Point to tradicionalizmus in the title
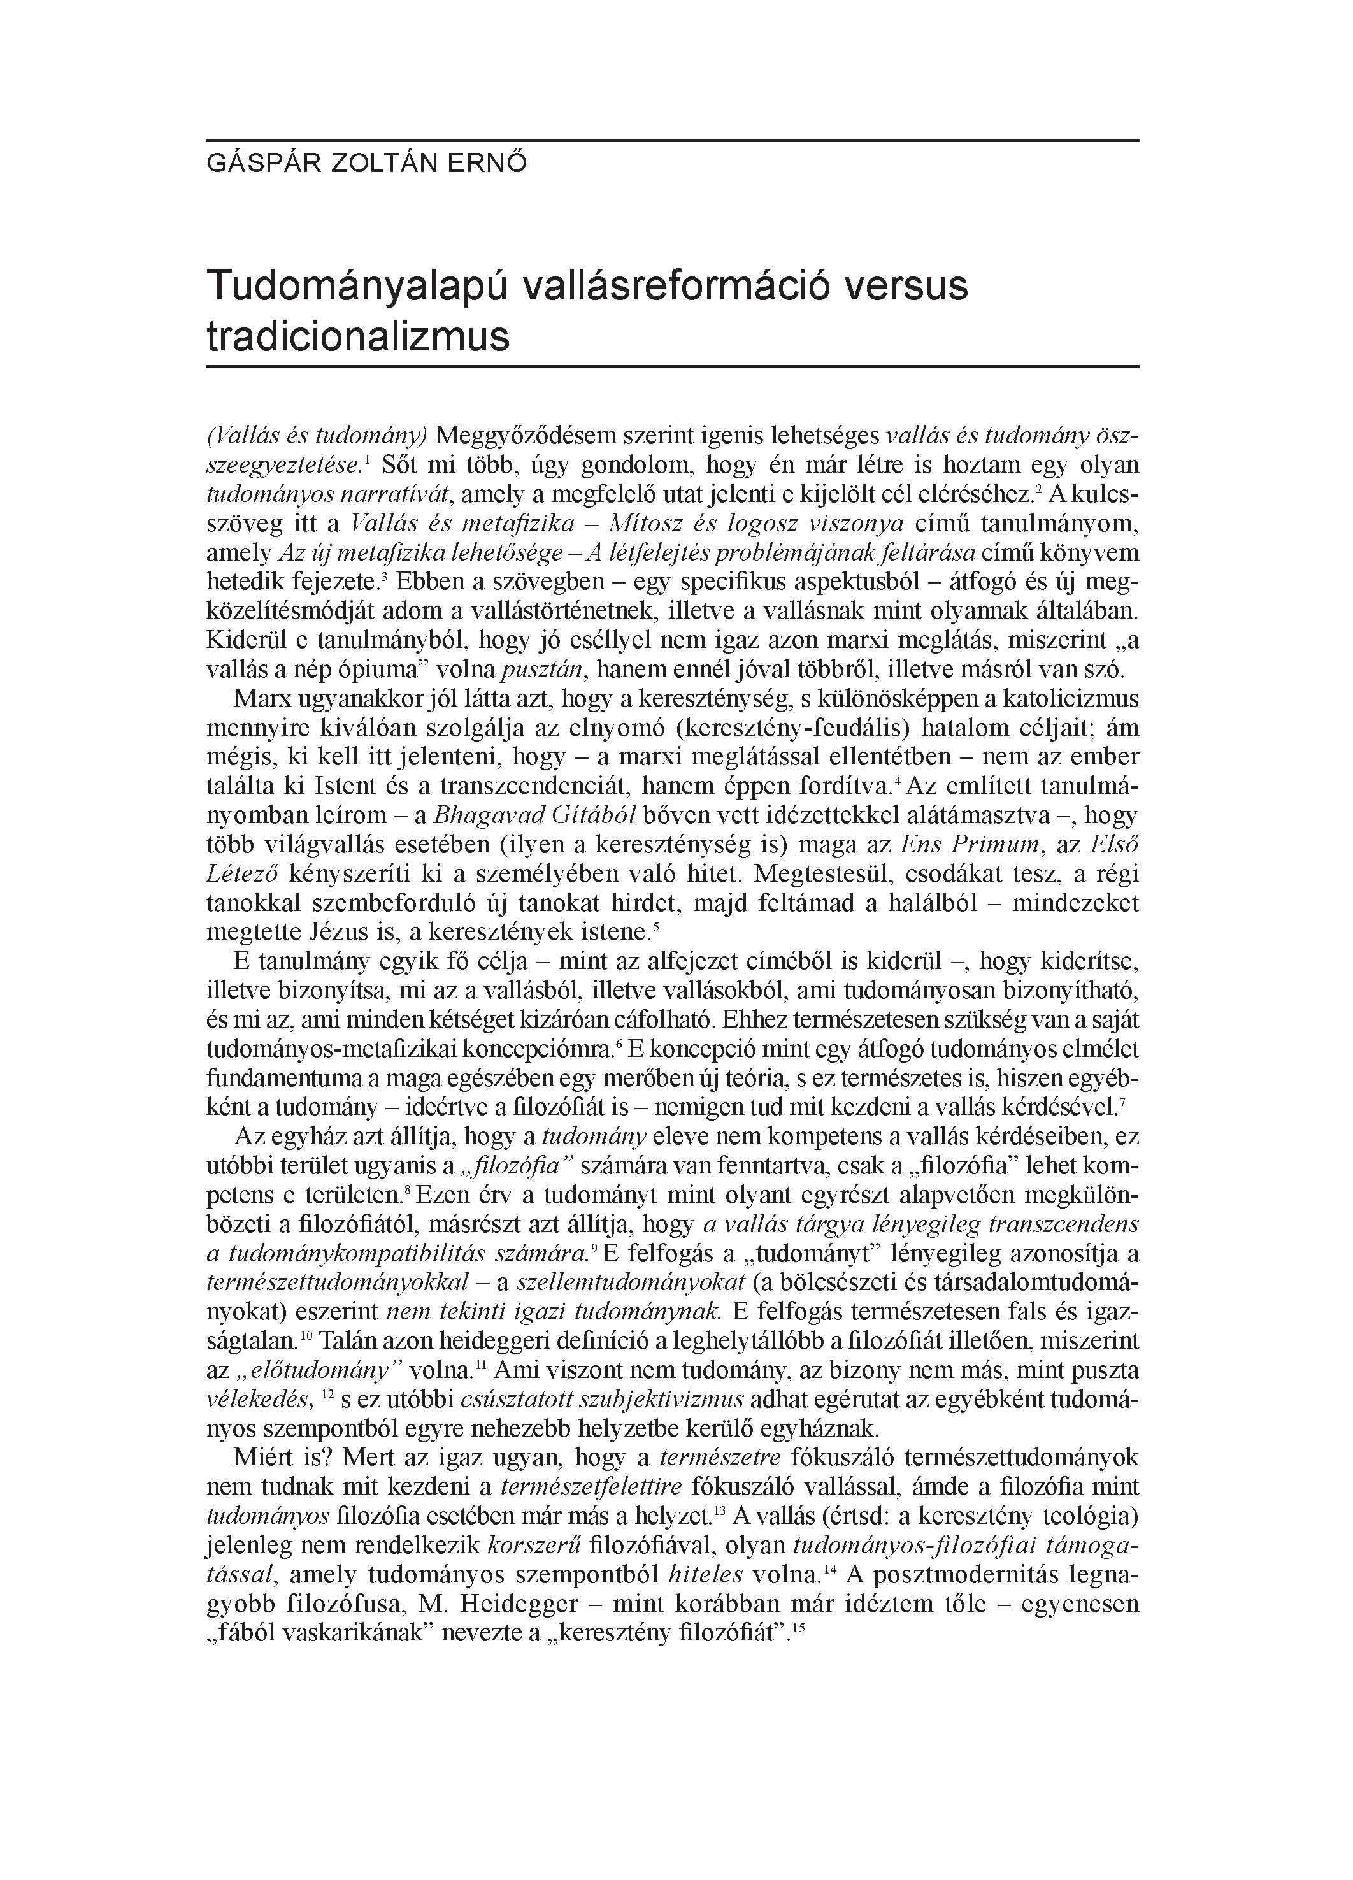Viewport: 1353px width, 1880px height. coord(357,336)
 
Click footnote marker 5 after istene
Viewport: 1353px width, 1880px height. coord(655,925)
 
